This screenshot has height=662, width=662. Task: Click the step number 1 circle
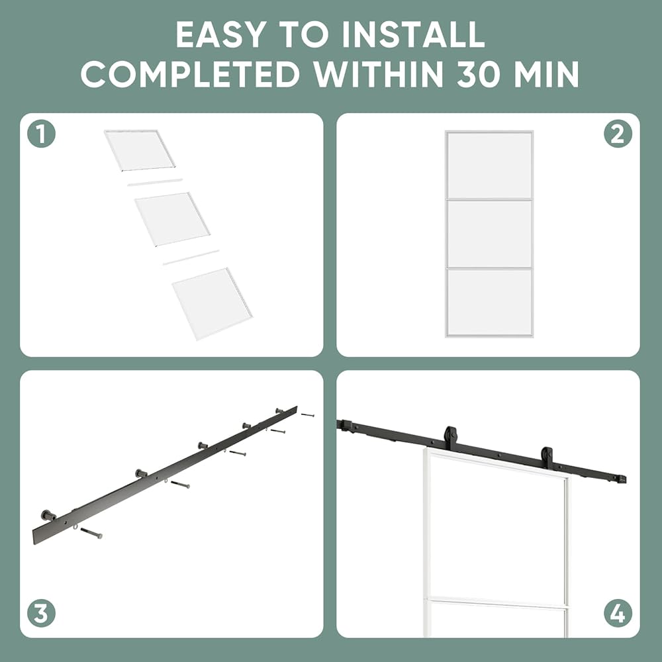pyautogui.click(x=41, y=134)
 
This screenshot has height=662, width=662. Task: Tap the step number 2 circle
pyautogui.click(x=618, y=134)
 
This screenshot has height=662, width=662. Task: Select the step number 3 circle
pyautogui.click(x=41, y=614)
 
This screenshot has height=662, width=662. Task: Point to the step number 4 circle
pyautogui.click(x=618, y=614)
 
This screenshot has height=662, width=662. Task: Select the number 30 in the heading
pyautogui.click(x=484, y=74)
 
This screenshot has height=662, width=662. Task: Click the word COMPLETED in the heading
pyautogui.click(x=190, y=74)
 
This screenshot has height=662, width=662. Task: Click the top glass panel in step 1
pyautogui.click(x=139, y=150)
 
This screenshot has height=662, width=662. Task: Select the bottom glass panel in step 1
pyautogui.click(x=212, y=303)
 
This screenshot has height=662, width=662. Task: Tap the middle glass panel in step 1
pyautogui.click(x=172, y=219)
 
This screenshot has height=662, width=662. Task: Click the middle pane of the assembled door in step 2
pyautogui.click(x=489, y=234)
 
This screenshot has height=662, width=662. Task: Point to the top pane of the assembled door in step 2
pyautogui.click(x=489, y=165)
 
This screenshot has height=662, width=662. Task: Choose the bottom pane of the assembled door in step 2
pyautogui.click(x=489, y=303)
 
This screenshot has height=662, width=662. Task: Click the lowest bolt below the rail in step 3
pyautogui.click(x=91, y=533)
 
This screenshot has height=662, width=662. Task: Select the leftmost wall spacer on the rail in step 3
pyautogui.click(x=49, y=515)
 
